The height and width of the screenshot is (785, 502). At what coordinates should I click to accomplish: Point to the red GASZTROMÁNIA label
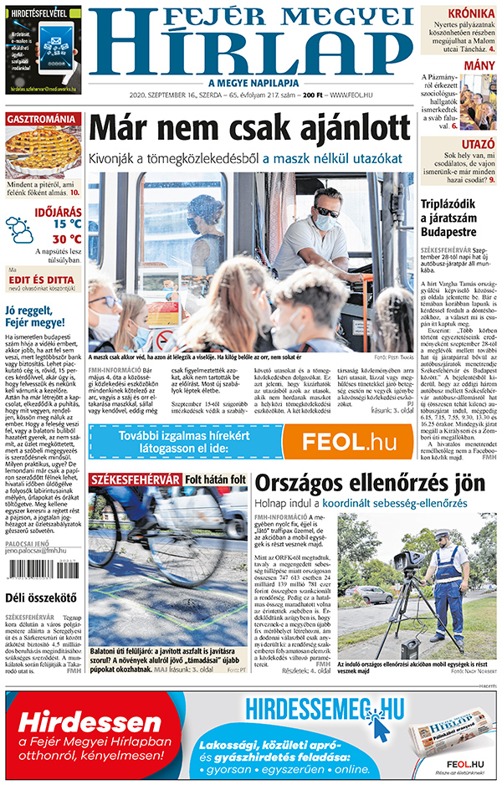pos(42,119)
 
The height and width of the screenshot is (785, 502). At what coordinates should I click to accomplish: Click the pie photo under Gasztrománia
pos(42,151)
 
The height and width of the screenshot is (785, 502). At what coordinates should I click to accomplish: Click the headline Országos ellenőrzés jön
pos(369,483)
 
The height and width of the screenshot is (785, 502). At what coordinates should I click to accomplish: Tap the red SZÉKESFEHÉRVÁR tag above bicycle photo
pos(134,480)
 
